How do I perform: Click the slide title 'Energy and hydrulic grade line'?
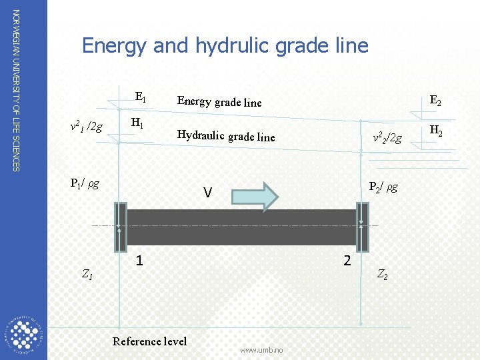(x=225, y=45)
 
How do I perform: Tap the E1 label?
(x=141, y=97)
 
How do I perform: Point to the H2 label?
(x=437, y=131)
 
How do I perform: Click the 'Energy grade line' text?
(x=219, y=101)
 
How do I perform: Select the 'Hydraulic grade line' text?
(x=225, y=135)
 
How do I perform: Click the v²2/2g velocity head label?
(x=387, y=138)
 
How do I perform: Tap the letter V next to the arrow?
(x=208, y=193)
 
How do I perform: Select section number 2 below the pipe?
(x=347, y=260)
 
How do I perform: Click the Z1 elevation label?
(x=87, y=273)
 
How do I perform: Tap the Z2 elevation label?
(x=383, y=273)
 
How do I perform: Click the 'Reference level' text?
(x=149, y=341)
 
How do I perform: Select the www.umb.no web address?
(x=261, y=350)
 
